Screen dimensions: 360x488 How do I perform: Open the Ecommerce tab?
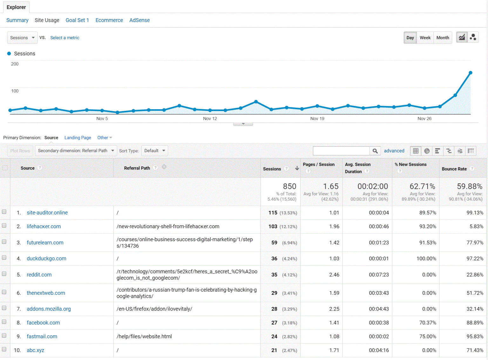coord(109,20)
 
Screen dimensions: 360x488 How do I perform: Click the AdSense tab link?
coord(139,20)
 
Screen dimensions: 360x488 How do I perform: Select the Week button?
coord(425,37)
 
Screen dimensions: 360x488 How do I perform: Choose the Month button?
coord(443,37)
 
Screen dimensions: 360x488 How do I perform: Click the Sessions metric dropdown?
coord(22,37)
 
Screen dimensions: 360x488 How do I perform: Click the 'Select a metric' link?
coord(65,37)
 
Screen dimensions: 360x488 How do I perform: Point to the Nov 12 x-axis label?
coord(210,118)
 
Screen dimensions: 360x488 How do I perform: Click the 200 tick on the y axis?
coord(15,64)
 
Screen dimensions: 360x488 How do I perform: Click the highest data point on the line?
coord(471,73)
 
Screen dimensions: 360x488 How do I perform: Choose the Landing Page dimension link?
coord(78,137)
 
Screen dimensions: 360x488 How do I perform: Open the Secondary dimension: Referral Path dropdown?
coord(76,150)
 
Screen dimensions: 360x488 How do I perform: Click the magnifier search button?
coord(375,151)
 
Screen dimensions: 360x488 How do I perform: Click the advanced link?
coord(394,151)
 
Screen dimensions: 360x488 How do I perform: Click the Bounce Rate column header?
coord(454,169)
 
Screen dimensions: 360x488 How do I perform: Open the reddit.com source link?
coord(39,275)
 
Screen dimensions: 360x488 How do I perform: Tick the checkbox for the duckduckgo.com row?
coord(4,258)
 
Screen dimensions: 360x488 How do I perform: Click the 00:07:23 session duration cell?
coord(379,275)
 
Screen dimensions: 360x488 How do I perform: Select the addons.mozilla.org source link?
coord(49,309)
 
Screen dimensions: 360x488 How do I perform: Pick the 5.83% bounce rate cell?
coord(476,226)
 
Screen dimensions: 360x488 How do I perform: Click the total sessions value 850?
coord(289,186)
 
